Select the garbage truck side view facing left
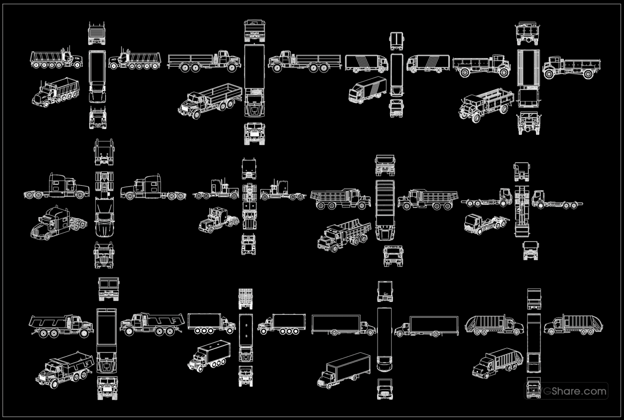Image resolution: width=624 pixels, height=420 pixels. point(573,324)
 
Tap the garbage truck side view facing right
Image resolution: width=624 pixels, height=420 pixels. point(494,325)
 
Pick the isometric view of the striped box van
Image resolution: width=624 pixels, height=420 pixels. point(368,90)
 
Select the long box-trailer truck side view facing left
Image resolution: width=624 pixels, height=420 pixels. point(426,326)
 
